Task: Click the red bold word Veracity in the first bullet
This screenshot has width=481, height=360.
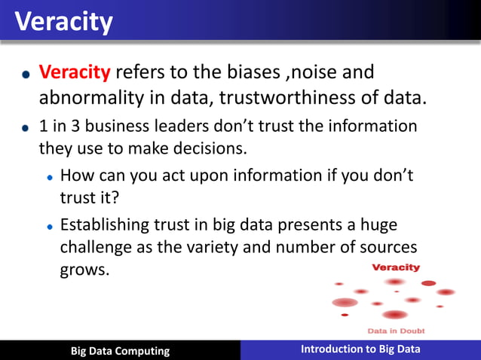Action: (75, 73)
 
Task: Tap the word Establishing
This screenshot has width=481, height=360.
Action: (109, 225)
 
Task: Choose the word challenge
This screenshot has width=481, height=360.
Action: (97, 248)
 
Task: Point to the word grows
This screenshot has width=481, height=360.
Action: (84, 270)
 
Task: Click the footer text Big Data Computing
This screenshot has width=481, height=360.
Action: (120, 351)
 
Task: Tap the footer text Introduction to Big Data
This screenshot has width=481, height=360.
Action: (360, 349)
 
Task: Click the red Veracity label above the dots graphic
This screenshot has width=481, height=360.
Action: (396, 267)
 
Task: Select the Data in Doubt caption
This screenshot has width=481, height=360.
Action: (396, 331)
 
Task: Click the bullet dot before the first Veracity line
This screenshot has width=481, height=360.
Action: (26, 75)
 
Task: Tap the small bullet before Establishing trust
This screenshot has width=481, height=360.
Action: (49, 226)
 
